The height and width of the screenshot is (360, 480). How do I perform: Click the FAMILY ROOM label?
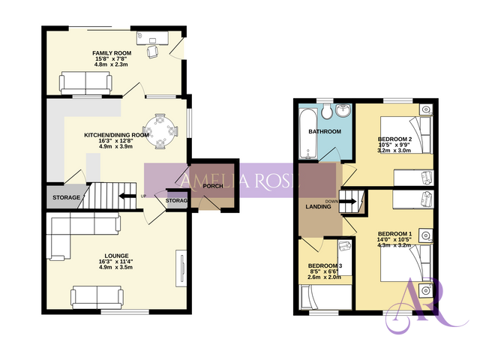point(112,53)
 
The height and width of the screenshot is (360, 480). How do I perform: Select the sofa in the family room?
point(85,82)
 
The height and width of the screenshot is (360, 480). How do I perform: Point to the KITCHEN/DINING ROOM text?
point(116,134)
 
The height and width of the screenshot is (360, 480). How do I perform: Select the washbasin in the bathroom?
point(344,112)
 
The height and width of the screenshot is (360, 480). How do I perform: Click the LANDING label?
point(319,206)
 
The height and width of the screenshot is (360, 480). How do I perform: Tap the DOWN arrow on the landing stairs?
point(350,202)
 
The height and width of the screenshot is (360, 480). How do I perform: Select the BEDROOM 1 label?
point(395,233)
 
